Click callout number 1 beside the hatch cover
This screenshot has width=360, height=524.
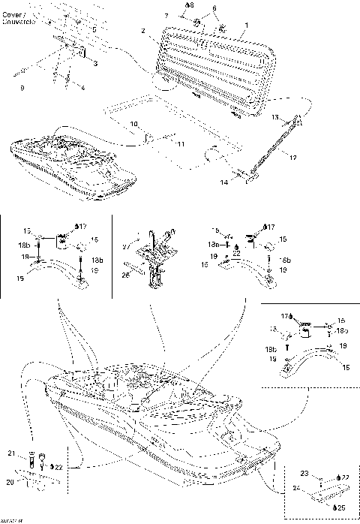click(x=246, y=25)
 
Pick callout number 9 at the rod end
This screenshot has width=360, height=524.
click(x=22, y=89)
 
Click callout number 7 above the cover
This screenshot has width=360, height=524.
click(x=166, y=16)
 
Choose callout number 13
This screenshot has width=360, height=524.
click(x=274, y=117)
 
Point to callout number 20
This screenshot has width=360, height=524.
click(x=10, y=483)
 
